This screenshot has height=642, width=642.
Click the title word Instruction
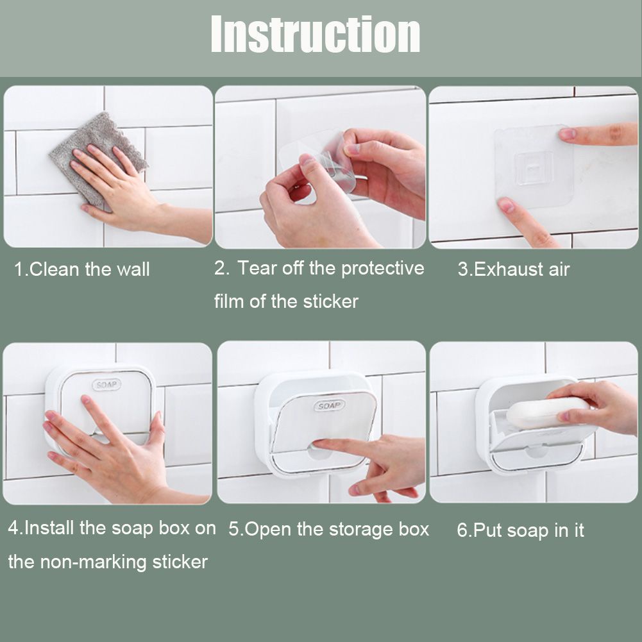[x=316, y=34]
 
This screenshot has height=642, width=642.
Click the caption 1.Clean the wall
[x=81, y=269]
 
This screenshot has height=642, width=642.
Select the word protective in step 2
[x=383, y=269]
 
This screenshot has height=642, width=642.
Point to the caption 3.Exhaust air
[x=514, y=269]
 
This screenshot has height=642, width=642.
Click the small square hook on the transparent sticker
[x=534, y=168]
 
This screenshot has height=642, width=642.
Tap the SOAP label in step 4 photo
[x=106, y=385]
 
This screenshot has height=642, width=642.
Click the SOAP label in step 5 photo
[x=329, y=405]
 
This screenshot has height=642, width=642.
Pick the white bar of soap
[x=547, y=413]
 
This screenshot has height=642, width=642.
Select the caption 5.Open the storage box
[x=329, y=529]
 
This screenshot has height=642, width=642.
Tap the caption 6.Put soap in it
[x=520, y=530]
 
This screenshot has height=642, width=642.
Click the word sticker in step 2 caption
[x=331, y=301]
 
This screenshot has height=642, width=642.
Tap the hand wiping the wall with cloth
[x=123, y=192]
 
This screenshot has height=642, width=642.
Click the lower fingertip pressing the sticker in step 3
[x=505, y=205]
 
